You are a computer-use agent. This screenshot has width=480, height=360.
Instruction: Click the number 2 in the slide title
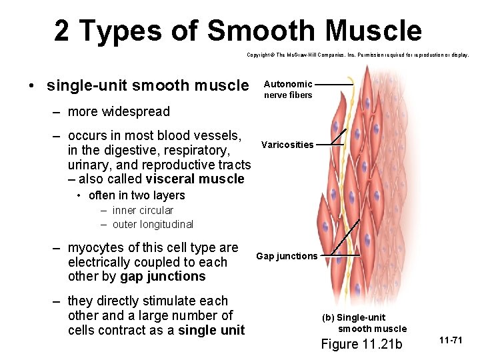point(62,31)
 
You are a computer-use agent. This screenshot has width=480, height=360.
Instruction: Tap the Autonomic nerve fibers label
point(287,89)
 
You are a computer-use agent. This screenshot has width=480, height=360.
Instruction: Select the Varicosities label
point(287,145)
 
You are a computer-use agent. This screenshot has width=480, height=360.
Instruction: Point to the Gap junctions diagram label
point(287,256)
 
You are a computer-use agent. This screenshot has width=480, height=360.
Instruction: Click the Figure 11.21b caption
point(361,344)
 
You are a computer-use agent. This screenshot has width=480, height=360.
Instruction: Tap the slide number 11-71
point(451,341)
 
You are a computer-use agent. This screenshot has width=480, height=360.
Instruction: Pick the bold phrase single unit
point(211,330)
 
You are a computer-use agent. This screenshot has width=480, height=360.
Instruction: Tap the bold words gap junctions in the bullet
point(163,277)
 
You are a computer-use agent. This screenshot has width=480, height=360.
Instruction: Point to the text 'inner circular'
point(143,210)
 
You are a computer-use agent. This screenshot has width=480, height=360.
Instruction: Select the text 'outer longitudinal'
point(153,225)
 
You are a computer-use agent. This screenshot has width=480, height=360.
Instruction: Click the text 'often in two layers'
point(137,195)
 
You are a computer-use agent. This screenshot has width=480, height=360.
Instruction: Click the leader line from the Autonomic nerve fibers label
point(334,85)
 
